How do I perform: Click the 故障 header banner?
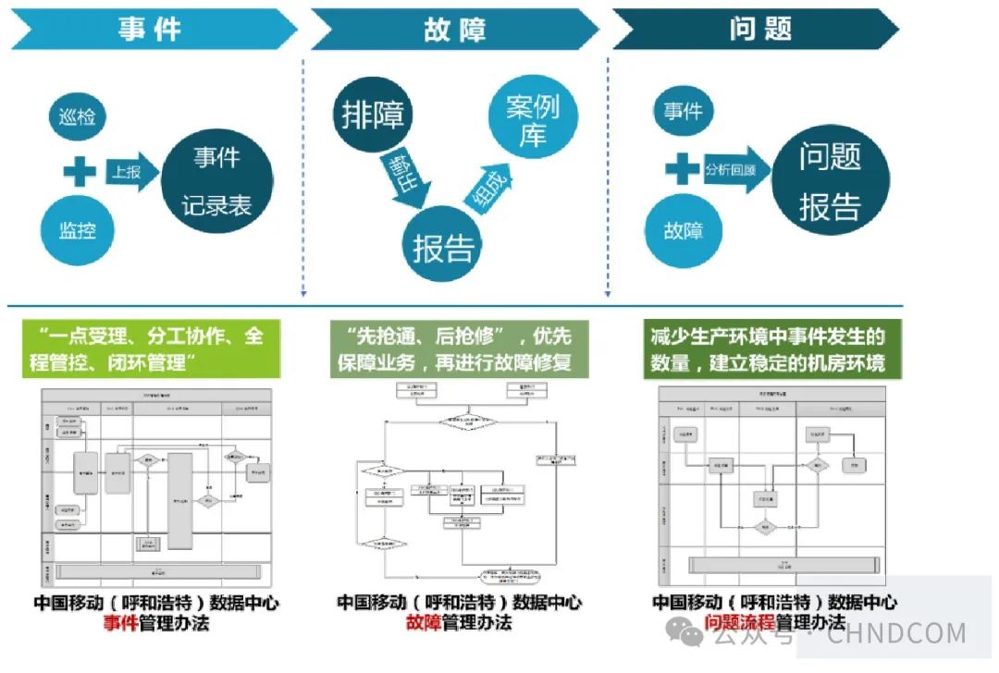(453, 29)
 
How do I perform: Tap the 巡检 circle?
(78, 117)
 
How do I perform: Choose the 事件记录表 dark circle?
(216, 180)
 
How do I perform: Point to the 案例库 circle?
(532, 120)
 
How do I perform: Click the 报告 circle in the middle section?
(444, 247)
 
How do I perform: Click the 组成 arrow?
(487, 189)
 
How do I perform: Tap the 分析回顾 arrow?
(734, 170)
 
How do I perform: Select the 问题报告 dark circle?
(829, 180)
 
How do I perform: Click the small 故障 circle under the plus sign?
(683, 230)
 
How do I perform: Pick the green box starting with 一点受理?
(151, 349)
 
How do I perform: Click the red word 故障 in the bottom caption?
(426, 622)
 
